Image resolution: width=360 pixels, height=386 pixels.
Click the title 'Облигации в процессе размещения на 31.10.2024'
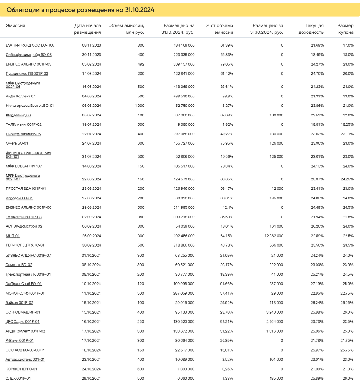pos(81,10)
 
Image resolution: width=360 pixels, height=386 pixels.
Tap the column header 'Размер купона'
pos(345,29)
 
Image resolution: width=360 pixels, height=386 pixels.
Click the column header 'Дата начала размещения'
pos(88,29)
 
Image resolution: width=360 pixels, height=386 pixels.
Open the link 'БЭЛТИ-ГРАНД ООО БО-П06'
pos(30,45)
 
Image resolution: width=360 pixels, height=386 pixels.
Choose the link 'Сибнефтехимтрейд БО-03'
pos(29,55)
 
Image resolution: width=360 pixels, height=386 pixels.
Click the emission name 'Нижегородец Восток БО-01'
pos(30,106)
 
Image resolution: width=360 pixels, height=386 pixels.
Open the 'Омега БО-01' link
pos(17,143)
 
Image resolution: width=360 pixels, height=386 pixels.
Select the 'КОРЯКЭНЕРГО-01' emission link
pos(21,369)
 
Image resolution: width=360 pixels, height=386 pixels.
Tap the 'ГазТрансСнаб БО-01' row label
pos(24,284)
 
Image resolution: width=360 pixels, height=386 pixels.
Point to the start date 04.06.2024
pos(91,96)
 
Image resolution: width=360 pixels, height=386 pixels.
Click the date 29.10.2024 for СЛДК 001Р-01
pos(91,378)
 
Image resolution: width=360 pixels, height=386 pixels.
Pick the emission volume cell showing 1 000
pos(140,106)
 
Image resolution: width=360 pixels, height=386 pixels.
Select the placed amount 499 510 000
pos(182,96)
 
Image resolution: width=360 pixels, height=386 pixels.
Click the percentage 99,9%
pos(228,96)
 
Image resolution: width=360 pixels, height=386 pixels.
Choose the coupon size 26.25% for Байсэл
pos(347,303)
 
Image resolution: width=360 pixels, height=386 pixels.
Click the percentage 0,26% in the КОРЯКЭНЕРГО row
pos(227,369)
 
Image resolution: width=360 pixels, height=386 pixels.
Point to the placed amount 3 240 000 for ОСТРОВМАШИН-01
pos(275,312)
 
